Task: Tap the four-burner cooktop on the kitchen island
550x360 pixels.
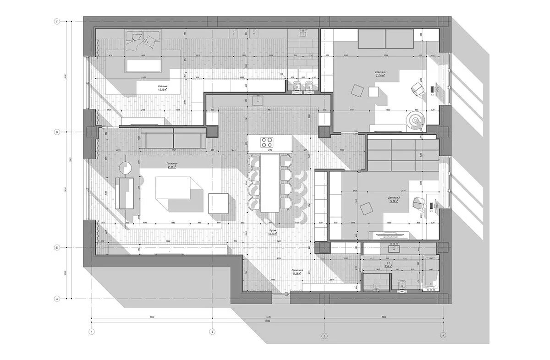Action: point(266,142)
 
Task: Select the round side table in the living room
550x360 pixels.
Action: point(126,167)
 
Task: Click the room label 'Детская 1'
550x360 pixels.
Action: point(381,73)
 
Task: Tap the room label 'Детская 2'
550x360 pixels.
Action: point(393,198)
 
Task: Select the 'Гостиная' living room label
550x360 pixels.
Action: point(172,164)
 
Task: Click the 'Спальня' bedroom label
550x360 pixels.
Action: point(163,87)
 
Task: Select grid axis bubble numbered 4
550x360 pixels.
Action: point(443,336)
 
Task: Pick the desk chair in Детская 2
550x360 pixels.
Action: point(418,202)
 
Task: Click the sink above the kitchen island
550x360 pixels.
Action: point(259,98)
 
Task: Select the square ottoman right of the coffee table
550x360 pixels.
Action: point(218,202)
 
